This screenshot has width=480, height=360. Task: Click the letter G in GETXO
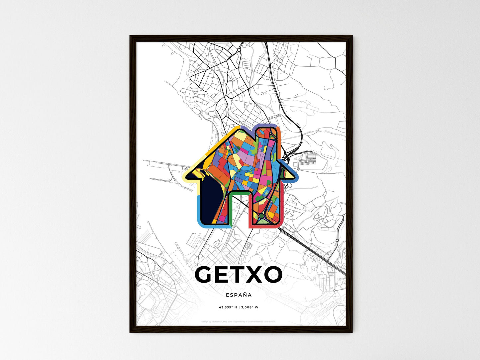(x=206, y=275)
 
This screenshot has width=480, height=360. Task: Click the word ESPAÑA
(x=239, y=295)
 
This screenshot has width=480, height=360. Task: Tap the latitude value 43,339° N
(x=228, y=307)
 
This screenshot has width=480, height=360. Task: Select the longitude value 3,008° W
(x=249, y=307)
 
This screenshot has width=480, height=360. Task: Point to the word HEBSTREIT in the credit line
(x=217, y=321)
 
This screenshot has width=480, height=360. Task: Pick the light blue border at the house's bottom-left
(x=199, y=213)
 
